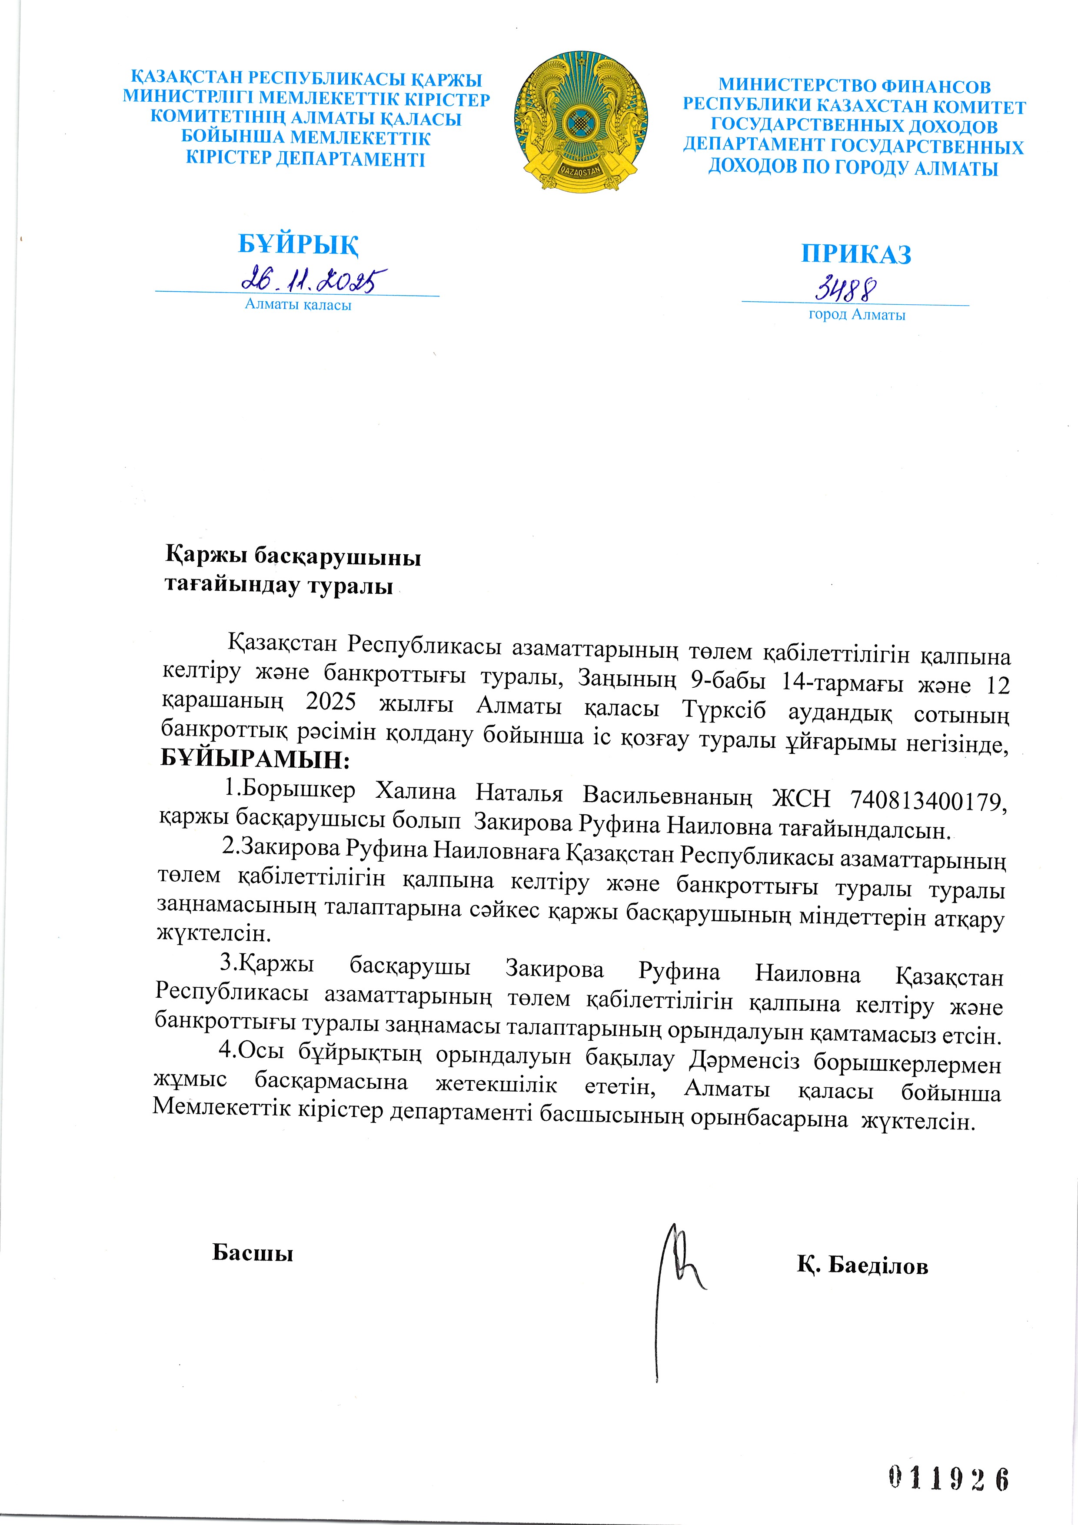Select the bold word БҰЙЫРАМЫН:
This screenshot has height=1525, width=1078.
tap(255, 759)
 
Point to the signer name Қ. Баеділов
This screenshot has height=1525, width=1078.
tap(862, 1266)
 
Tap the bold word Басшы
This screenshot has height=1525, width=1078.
tap(253, 1253)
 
